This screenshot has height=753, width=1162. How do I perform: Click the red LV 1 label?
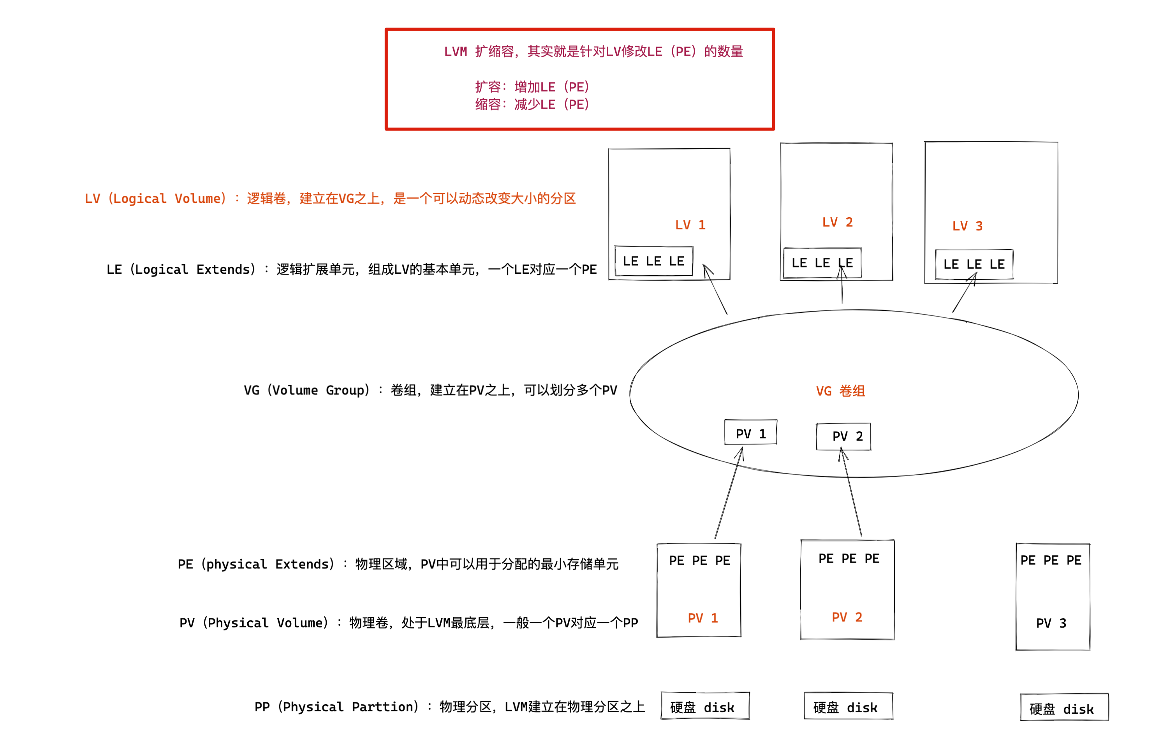pos(690,225)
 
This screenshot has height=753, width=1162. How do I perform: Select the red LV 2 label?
pos(837,223)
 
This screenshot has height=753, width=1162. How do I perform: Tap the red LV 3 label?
pos(967,226)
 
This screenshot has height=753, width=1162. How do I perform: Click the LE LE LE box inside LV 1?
pos(653,261)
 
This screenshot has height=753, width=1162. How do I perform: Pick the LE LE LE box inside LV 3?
pos(974,264)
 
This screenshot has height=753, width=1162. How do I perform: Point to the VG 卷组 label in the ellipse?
pos(840,391)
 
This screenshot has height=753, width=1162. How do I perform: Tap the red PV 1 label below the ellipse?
pos(702,618)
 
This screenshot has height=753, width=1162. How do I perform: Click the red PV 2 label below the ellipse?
pos(847,617)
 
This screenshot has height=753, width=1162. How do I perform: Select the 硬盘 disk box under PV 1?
pos(705,706)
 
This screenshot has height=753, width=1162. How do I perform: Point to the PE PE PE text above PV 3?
pos(1051,560)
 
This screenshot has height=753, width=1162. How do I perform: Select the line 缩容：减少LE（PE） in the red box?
pos(532,104)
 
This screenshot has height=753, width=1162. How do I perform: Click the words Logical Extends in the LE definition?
pos(191,269)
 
